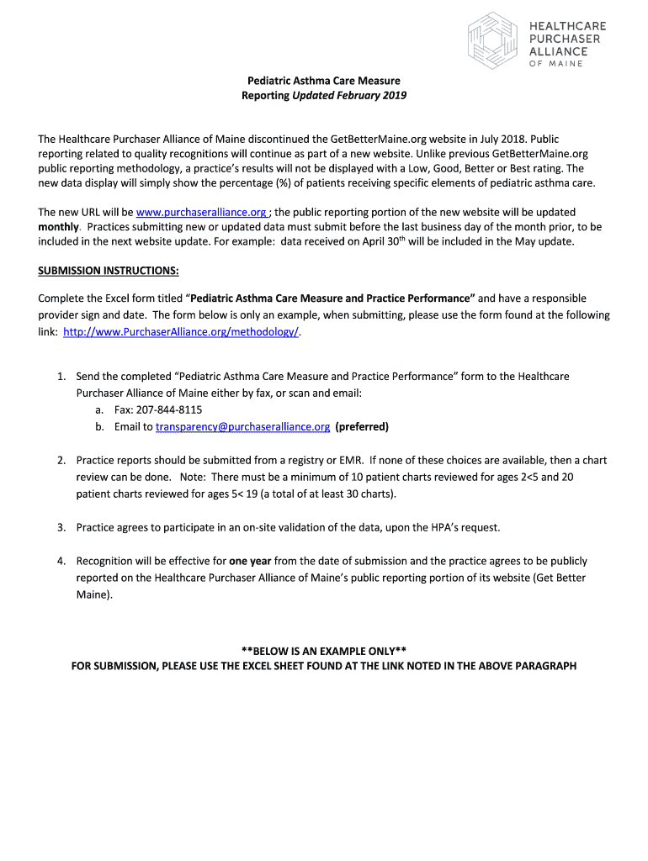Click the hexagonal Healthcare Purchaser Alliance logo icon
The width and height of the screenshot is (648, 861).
(491, 40)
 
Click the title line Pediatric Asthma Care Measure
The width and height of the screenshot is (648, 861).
(323, 81)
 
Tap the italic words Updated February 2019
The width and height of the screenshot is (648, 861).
(349, 96)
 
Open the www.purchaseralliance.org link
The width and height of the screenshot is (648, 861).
(202, 213)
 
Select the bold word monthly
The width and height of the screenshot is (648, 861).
(58, 227)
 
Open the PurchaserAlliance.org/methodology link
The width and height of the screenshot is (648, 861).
(181, 331)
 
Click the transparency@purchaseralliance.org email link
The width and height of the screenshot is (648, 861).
(242, 426)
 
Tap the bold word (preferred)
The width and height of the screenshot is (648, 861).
(362, 426)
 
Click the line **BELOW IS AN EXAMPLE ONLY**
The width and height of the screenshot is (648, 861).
(324, 650)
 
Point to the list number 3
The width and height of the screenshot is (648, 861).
(61, 527)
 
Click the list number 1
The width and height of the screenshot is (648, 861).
(61, 377)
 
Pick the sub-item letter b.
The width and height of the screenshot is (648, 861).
(99, 426)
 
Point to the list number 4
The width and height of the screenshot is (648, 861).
(61, 561)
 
